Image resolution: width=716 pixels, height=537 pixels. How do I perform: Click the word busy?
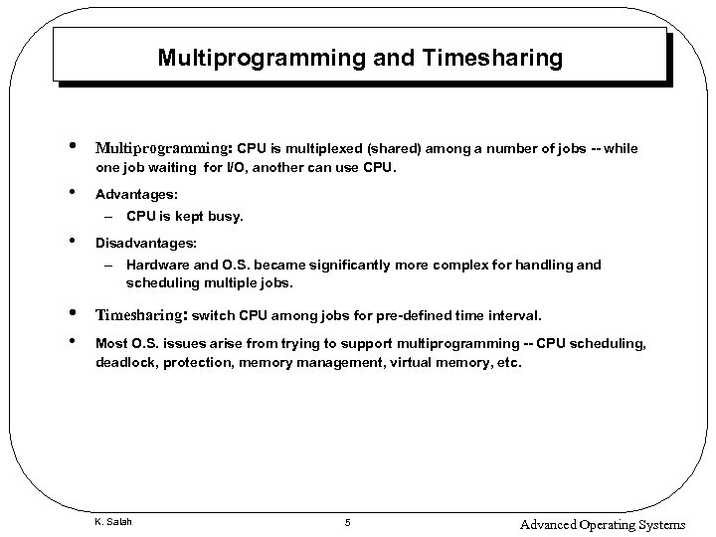[x=226, y=215]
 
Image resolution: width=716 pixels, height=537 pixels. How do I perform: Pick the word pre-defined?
[x=412, y=316]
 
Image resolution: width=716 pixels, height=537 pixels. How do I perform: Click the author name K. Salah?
[x=113, y=522]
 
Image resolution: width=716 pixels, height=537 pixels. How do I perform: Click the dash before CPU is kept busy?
[x=107, y=215]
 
